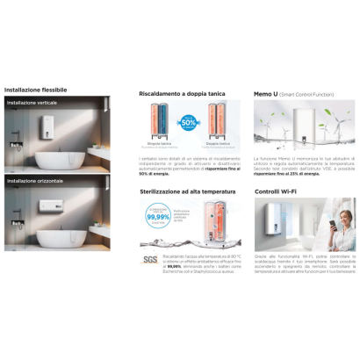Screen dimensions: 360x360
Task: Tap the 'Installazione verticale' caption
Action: [33, 103]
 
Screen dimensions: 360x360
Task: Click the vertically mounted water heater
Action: [47, 127]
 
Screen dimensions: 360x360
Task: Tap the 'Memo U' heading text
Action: [269, 90]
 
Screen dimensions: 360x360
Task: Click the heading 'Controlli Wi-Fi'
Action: [278, 191]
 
